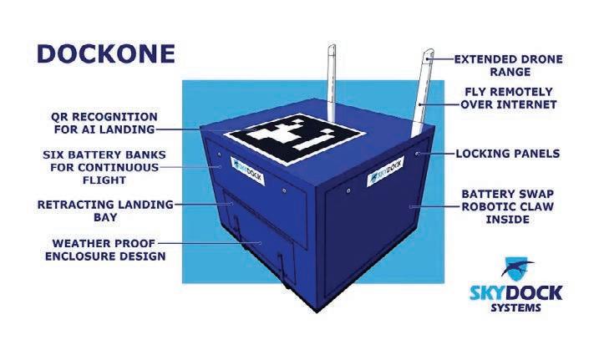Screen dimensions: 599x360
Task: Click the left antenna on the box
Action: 331,84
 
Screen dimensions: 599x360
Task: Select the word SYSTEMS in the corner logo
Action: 515,307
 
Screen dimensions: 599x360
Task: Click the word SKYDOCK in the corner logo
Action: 515,292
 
